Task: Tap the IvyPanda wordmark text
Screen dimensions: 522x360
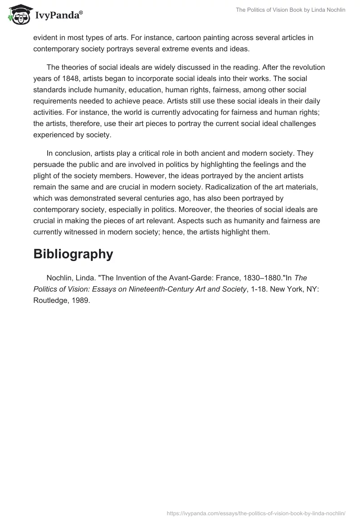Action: (58, 16)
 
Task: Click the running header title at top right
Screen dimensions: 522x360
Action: (291, 10)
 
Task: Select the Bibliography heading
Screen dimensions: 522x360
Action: (73, 254)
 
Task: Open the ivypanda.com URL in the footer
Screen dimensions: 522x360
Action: (256, 513)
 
